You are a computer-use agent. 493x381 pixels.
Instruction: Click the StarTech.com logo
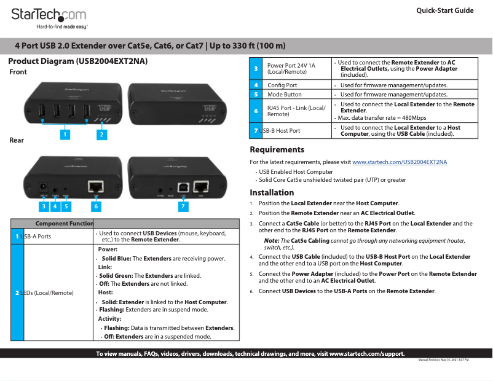[x=49, y=15]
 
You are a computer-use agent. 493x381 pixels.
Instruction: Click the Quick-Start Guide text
[x=444, y=10]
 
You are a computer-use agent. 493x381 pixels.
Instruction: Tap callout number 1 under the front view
[x=65, y=133]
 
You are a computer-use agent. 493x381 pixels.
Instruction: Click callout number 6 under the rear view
[x=96, y=206]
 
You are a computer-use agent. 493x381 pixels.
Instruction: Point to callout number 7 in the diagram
[x=183, y=206]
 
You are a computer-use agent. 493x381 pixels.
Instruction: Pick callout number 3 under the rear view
[x=44, y=206]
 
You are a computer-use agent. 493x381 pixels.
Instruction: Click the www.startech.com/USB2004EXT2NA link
[x=400, y=162]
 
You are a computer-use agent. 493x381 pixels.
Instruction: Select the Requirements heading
[x=277, y=149]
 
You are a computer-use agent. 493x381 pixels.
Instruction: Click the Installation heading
[x=272, y=192]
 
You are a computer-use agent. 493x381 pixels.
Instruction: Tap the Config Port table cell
[x=282, y=85]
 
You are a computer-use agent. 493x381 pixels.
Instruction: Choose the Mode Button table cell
[x=285, y=95]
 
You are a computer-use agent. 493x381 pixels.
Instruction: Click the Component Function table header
[x=64, y=223]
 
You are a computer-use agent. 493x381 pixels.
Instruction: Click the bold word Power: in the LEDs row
[x=108, y=249]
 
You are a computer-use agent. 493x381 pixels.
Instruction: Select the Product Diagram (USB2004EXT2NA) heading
[x=77, y=61]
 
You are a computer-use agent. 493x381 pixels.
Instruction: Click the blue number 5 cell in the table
[x=256, y=95]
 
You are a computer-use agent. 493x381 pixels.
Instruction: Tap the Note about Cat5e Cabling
[x=364, y=243]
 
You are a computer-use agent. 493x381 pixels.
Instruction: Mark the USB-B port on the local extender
[x=183, y=185]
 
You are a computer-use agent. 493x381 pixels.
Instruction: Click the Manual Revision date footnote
[x=443, y=359]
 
